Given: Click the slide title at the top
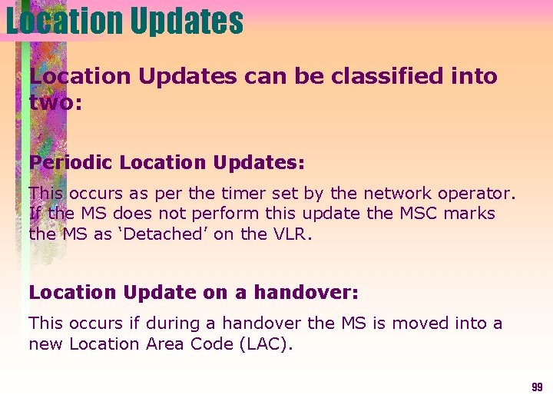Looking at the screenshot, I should click(x=124, y=22).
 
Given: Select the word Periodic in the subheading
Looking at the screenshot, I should click(x=71, y=163).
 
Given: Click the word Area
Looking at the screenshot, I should click(x=167, y=344).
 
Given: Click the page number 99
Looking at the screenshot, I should click(x=537, y=387).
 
